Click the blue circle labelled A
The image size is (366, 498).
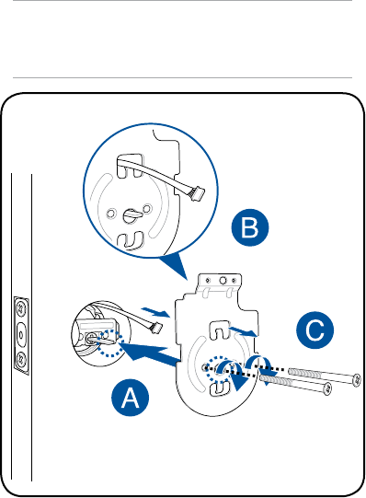click(130, 398)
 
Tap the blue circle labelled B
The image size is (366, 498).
click(250, 227)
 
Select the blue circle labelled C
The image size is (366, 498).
click(315, 330)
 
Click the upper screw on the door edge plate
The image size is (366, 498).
click(21, 307)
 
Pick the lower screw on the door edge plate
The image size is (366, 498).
click(21, 360)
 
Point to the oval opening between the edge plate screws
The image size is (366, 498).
click(21, 334)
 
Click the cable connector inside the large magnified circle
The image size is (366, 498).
click(196, 192)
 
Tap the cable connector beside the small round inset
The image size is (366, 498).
click(156, 327)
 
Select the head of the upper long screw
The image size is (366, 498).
click(357, 379)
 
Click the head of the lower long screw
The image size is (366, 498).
click(328, 388)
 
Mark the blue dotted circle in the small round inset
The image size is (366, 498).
click(109, 343)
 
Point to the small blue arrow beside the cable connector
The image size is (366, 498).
click(156, 311)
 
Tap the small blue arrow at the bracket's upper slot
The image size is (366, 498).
click(243, 331)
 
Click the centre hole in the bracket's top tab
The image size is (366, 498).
click(223, 280)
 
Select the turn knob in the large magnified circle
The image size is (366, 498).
click(132, 215)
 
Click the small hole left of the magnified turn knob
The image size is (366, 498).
click(110, 214)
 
